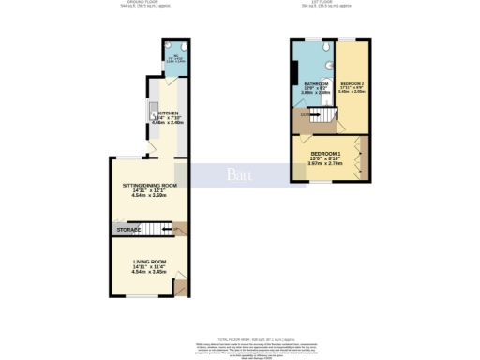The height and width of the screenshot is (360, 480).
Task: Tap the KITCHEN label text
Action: [168, 111]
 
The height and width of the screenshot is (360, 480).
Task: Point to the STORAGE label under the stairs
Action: [129, 230]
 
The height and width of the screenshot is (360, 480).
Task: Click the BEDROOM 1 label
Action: [327, 152]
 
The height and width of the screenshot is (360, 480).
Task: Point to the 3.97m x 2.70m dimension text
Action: [327, 163]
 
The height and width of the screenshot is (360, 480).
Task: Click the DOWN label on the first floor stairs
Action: [306, 115]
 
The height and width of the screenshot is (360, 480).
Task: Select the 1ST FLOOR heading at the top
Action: [328, 4]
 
